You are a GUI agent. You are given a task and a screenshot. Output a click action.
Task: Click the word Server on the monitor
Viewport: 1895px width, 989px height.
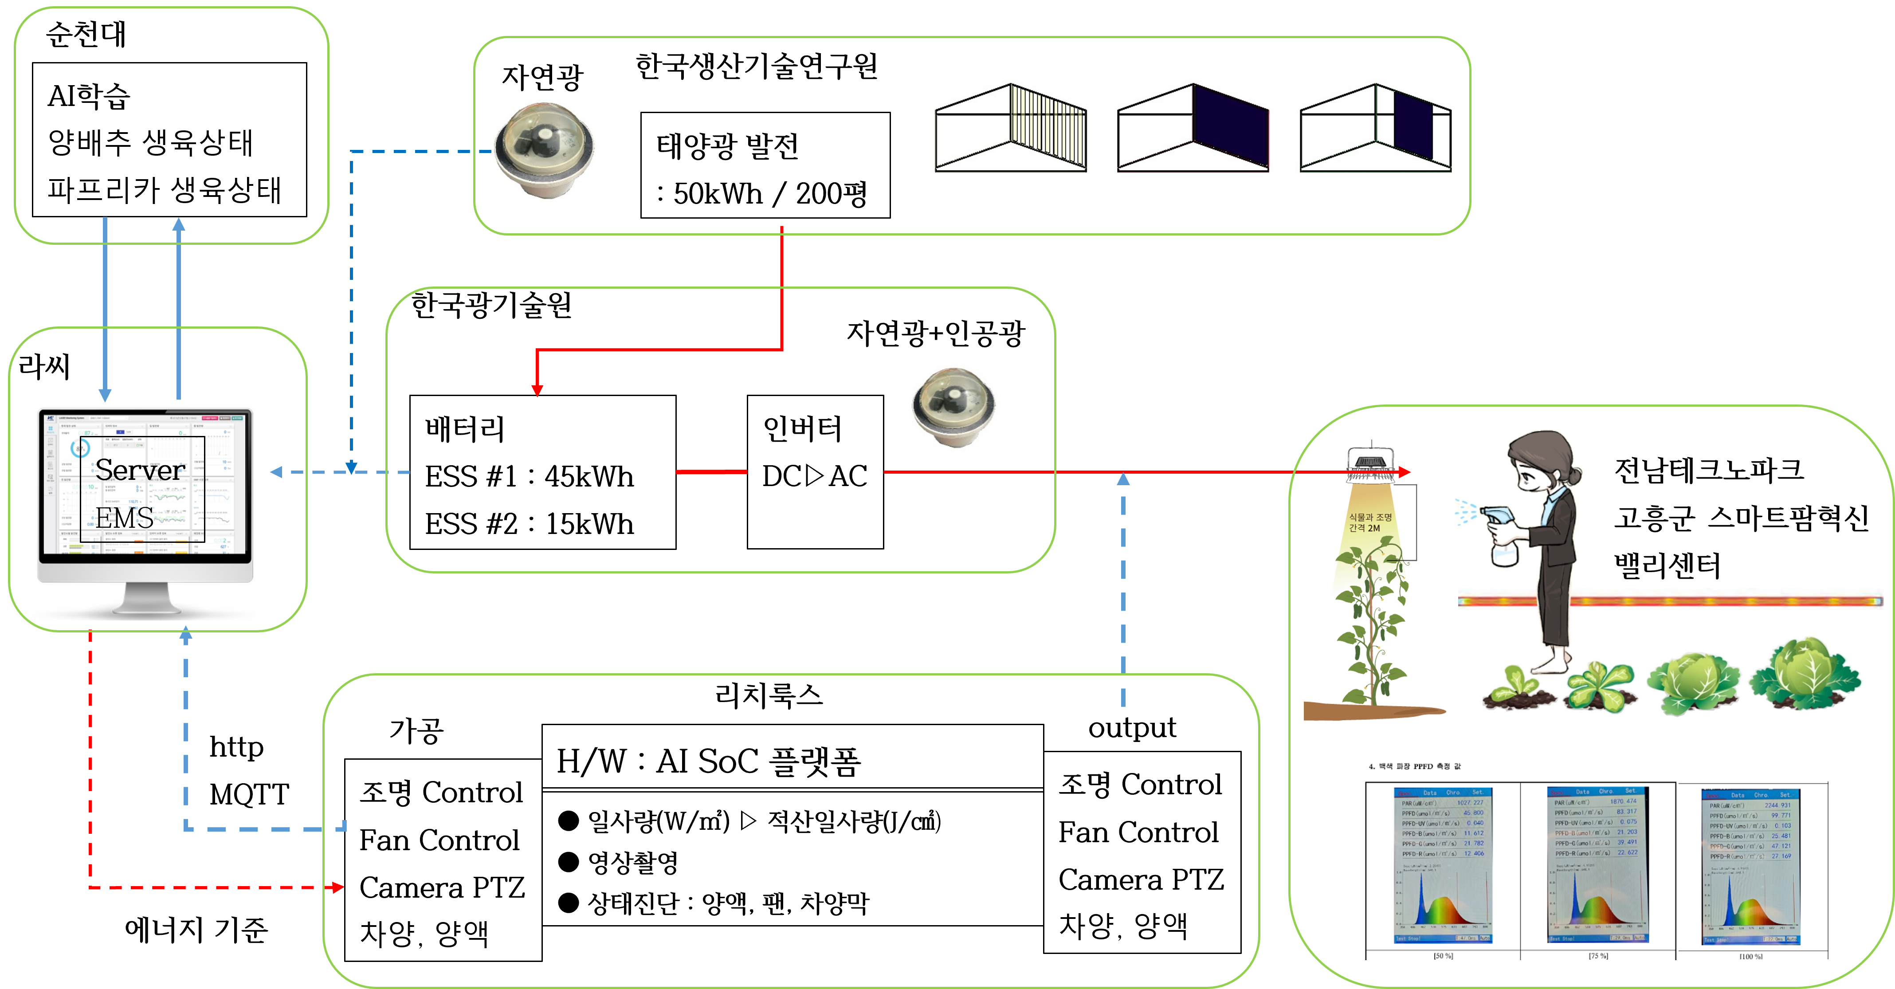point(140,470)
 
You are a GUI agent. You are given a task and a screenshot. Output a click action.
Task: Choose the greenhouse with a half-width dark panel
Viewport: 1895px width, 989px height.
point(1376,128)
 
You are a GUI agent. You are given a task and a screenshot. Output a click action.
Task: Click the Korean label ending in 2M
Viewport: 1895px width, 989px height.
point(1370,522)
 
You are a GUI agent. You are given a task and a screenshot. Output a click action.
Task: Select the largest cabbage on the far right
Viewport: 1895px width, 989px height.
point(1805,673)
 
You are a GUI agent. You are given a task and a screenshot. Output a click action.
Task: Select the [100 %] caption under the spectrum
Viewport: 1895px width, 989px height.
point(1751,956)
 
